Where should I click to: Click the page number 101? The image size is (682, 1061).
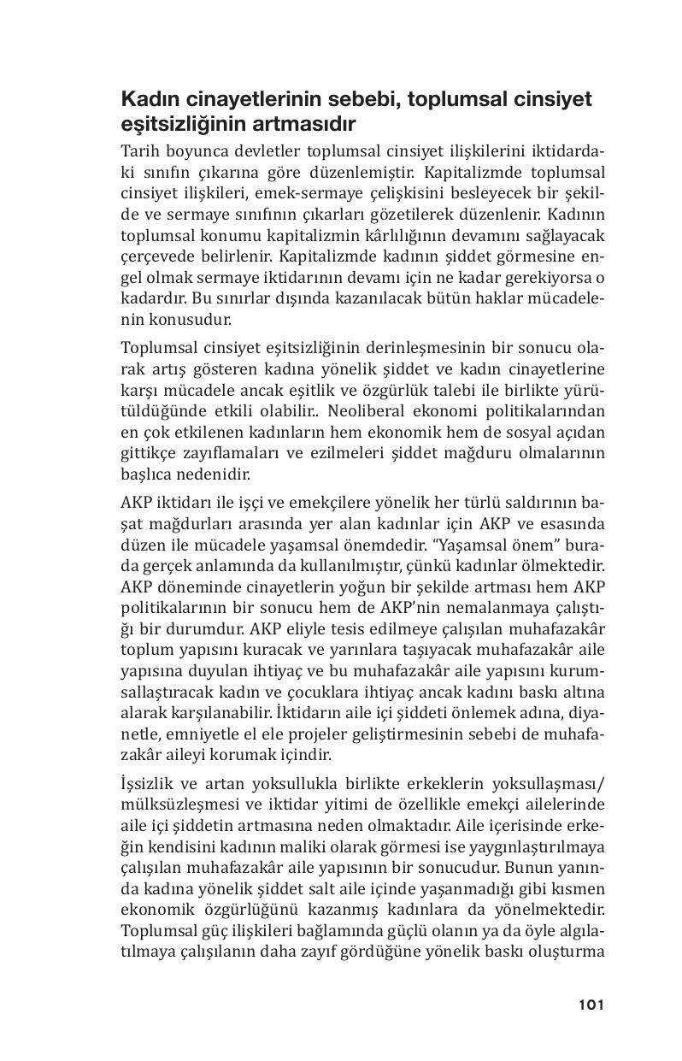591,1005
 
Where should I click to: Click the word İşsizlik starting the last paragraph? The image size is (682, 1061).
149,785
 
